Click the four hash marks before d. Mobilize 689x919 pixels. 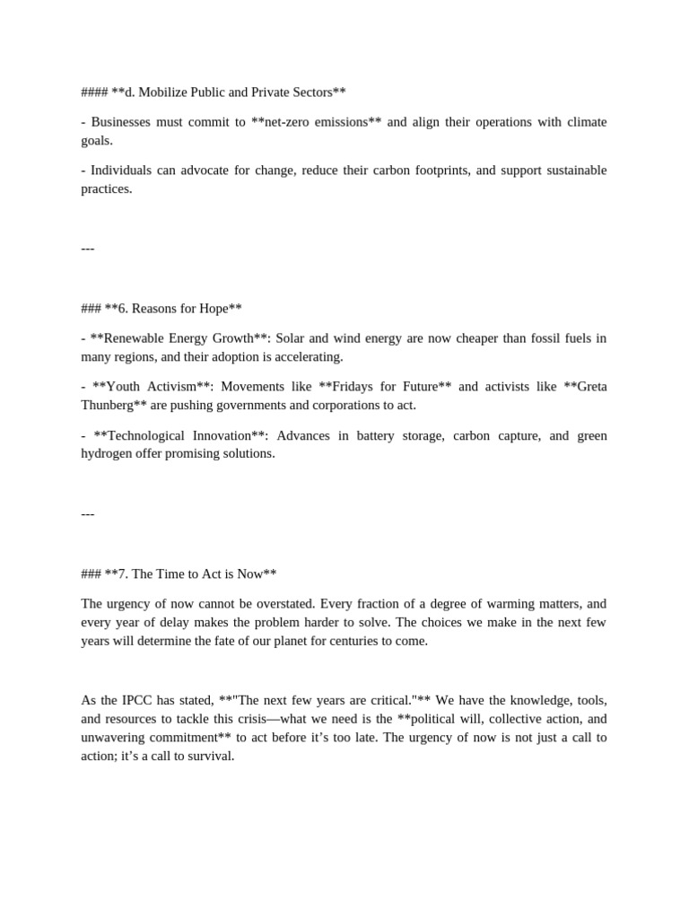tap(94, 92)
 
